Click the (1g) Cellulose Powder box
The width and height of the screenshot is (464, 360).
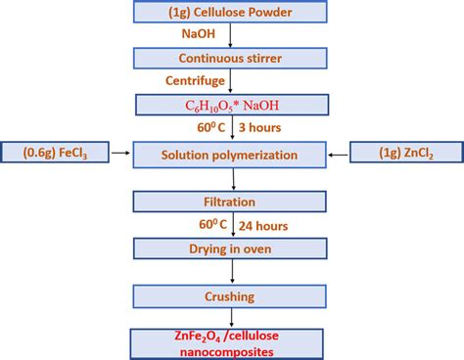point(231,13)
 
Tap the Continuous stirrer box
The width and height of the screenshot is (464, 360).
point(231,58)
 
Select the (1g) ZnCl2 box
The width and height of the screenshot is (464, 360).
point(405,153)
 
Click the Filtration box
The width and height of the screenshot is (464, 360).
point(231,202)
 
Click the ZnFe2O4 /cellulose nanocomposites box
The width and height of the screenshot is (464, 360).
point(231,339)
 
